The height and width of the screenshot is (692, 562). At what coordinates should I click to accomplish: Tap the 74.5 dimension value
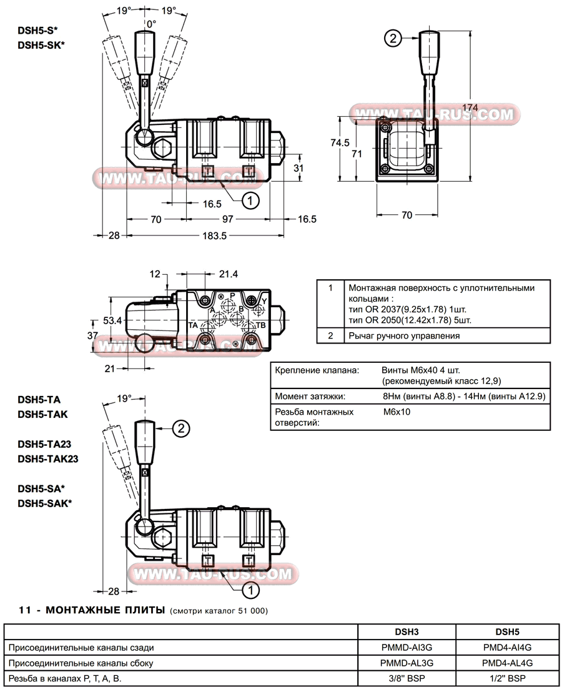pos(340,142)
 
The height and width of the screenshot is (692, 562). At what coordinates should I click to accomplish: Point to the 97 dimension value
pos(227,219)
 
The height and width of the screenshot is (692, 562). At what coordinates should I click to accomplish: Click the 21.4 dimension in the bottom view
pos(229,274)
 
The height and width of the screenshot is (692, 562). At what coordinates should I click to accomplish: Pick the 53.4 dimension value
pos(112,320)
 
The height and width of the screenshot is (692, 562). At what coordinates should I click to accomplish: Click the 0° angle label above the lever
pos(150,23)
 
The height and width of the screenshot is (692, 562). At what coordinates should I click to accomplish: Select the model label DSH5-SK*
pos(41,44)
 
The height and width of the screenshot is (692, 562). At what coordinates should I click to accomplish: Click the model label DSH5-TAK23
pos(47,458)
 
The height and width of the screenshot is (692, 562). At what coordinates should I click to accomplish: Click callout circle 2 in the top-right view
pos(393,39)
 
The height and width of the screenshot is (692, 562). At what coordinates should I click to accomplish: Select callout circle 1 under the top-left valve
pos(250,200)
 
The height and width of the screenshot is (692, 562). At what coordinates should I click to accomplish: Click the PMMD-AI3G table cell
pos(407,648)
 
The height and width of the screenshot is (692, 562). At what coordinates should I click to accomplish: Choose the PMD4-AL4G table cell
pos(506,663)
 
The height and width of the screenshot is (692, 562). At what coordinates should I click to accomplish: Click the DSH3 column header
pos(407,631)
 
